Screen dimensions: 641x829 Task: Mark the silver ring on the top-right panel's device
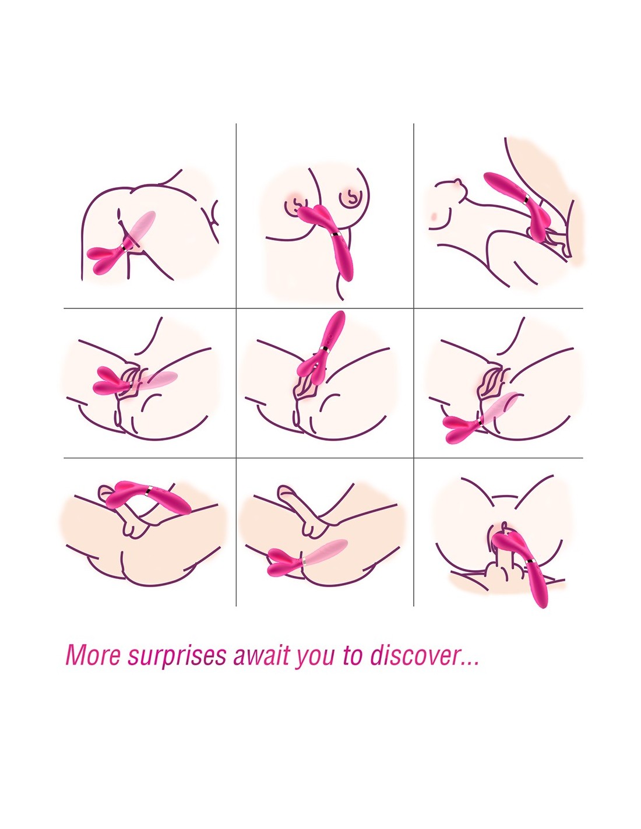pyautogui.click(x=527, y=199)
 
